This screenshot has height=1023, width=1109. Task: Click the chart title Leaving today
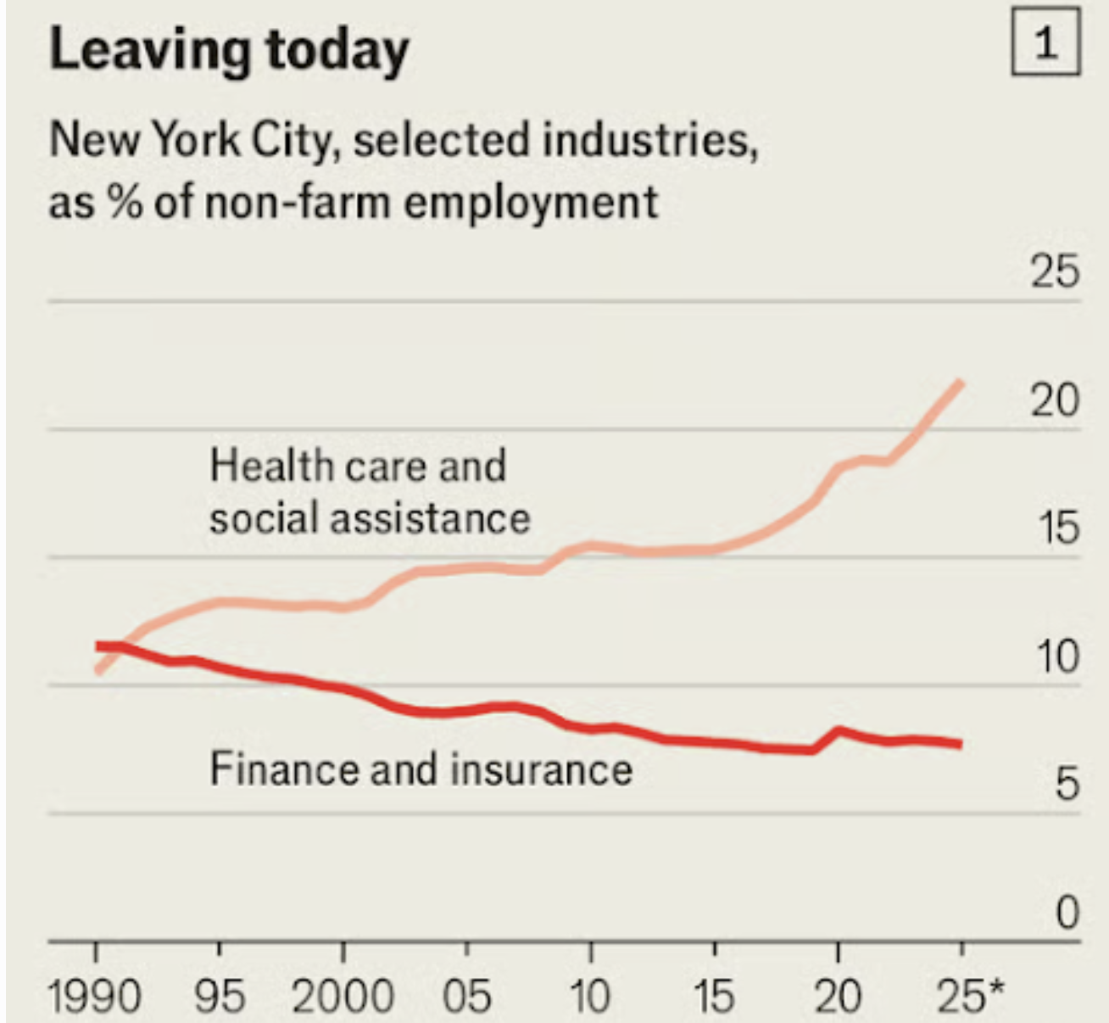pyautogui.click(x=229, y=51)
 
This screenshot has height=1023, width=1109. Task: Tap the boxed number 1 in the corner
pyautogui.click(x=1045, y=42)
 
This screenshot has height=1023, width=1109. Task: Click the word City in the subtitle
pyautogui.click(x=293, y=139)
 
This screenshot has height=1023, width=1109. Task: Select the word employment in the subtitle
pyautogui.click(x=530, y=202)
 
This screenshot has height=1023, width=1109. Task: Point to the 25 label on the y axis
pyautogui.click(x=1055, y=271)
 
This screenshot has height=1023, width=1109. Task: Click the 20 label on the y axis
pyautogui.click(x=1055, y=400)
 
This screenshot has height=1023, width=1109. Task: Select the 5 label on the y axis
pyautogui.click(x=1067, y=785)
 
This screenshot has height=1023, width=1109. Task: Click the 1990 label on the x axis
pyautogui.click(x=95, y=996)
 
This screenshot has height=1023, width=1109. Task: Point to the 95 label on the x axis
pyautogui.click(x=220, y=996)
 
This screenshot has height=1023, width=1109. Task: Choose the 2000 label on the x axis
pyautogui.click(x=343, y=996)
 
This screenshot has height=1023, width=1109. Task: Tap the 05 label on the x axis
pyautogui.click(x=466, y=996)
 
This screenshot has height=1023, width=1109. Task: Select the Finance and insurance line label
pyautogui.click(x=421, y=769)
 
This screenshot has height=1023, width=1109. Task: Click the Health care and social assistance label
pyautogui.click(x=369, y=492)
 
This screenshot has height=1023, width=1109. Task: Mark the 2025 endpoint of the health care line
pyautogui.click(x=960, y=383)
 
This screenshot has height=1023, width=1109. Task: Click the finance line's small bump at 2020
pyautogui.click(x=839, y=730)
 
